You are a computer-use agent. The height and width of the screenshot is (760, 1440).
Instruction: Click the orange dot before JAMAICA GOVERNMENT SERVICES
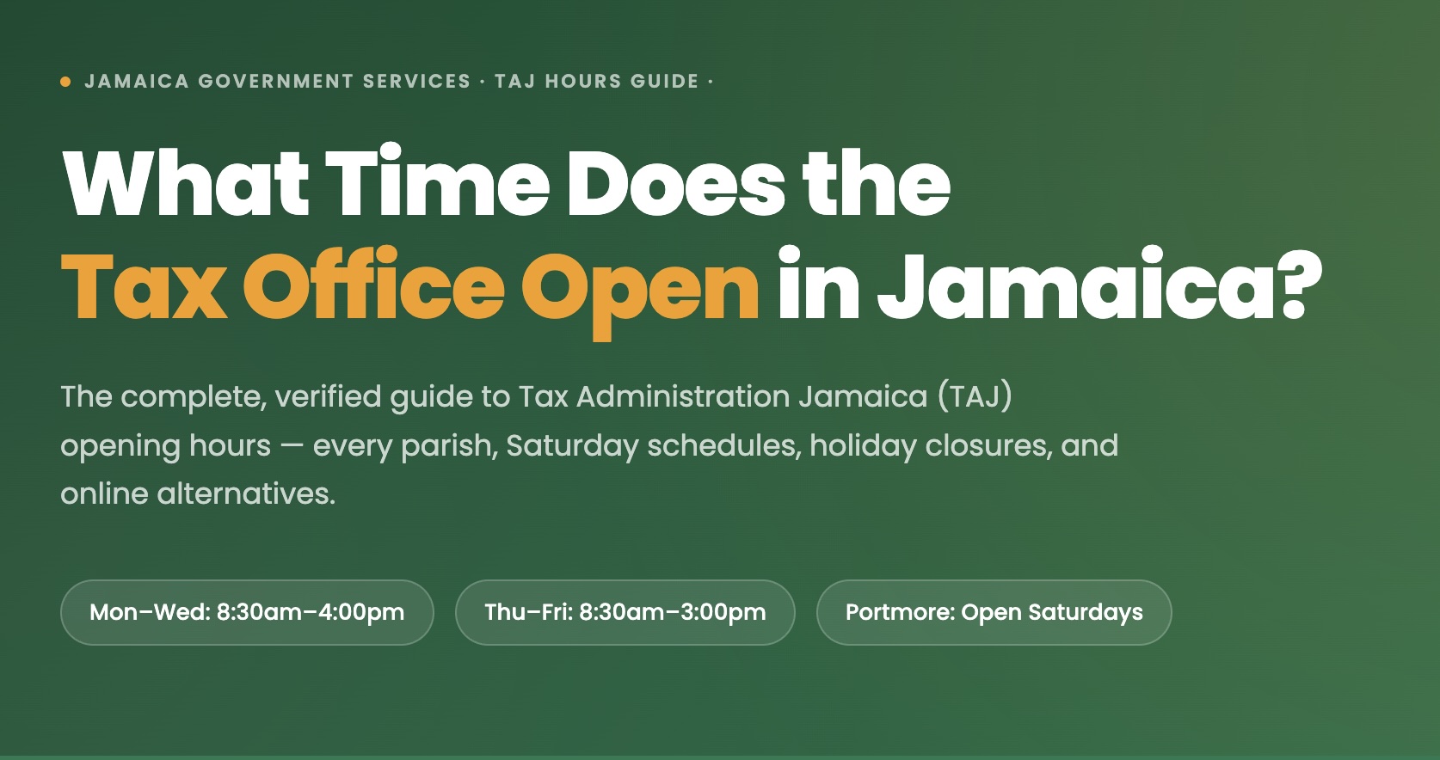[x=65, y=82]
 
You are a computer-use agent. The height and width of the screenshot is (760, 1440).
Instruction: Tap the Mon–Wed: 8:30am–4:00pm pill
[x=247, y=612]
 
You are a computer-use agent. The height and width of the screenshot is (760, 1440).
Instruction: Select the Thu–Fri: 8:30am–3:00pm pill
[x=625, y=612]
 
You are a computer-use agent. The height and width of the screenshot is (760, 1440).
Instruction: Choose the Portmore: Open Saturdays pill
[x=994, y=612]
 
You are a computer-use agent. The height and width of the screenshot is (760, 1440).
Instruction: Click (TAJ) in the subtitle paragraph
[x=975, y=396]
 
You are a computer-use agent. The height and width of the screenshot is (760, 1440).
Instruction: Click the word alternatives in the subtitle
[x=246, y=493]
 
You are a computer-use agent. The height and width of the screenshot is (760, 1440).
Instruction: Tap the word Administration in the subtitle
[x=683, y=396]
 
